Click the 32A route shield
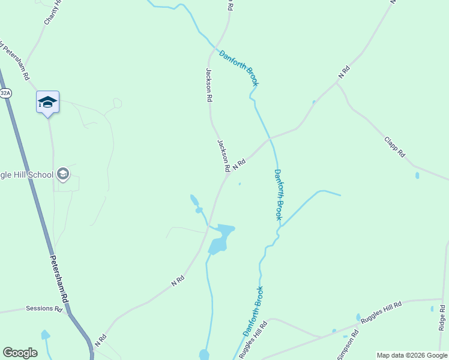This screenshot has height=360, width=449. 5,93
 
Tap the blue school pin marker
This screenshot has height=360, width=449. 47,103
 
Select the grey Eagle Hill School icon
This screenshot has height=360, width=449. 62,175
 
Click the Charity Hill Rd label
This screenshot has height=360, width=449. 52,12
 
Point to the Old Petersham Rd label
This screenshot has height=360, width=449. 14,61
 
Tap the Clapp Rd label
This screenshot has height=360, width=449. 395,147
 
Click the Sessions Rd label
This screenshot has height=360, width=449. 44,308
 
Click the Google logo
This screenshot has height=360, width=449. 20,353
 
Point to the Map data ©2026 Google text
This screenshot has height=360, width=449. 411,355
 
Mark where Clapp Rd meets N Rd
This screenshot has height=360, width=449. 337,83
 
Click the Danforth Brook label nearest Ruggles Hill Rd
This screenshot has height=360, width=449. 253,312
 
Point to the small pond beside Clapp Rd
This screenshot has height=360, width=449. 417,176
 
